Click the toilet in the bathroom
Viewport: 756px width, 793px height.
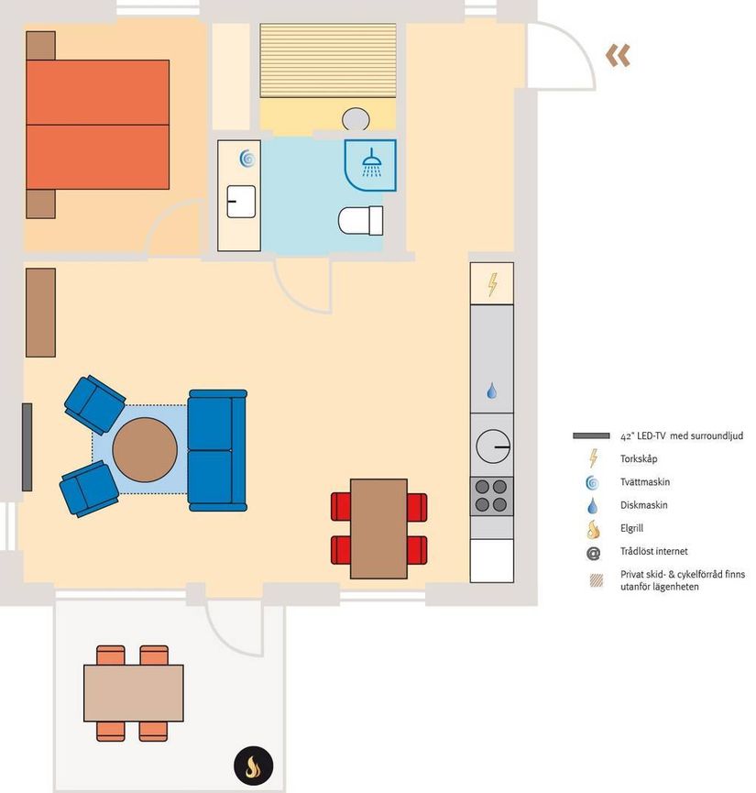tap(360, 221)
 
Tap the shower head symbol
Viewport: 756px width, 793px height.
tap(372, 163)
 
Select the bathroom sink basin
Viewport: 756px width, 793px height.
tap(241, 202)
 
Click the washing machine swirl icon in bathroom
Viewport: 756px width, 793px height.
tap(247, 159)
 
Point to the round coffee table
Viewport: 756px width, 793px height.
tap(145, 449)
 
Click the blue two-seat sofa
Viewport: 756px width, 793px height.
tap(217, 450)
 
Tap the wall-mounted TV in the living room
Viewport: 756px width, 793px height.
tap(27, 447)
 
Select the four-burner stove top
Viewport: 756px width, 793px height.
tap(491, 496)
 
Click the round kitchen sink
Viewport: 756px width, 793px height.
tap(493, 446)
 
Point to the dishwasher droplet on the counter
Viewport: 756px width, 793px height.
tap(491, 391)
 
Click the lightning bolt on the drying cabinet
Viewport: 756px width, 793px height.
tap(492, 284)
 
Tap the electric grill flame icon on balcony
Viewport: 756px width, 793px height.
tap(253, 765)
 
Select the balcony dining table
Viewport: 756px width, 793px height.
tap(134, 693)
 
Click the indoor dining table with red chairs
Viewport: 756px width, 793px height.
tap(378, 528)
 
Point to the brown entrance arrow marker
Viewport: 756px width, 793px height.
tap(618, 55)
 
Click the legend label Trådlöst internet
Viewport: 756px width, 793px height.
tap(654, 551)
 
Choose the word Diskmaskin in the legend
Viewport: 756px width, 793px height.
tap(643, 505)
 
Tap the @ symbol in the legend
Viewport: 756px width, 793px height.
tap(593, 554)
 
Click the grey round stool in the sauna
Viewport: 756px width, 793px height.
tap(356, 119)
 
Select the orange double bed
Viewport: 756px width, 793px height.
tap(98, 125)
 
